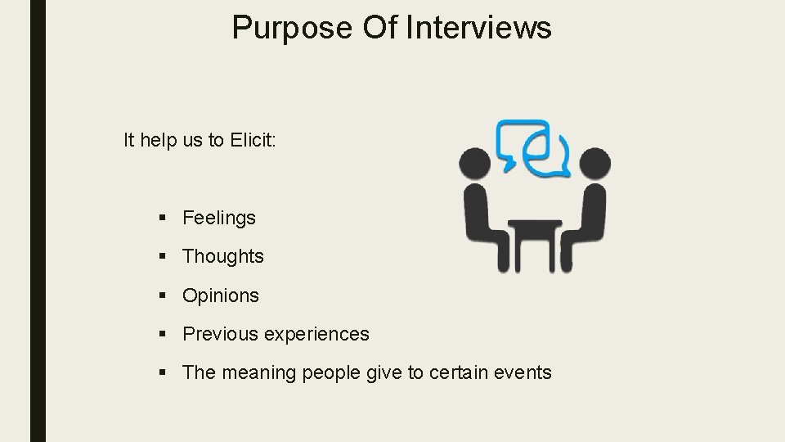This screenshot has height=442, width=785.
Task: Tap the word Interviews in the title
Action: click(x=479, y=27)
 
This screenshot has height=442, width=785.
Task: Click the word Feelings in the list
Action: click(x=219, y=218)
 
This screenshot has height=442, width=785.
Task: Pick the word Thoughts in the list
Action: click(x=223, y=256)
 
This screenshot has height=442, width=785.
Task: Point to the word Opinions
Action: click(x=221, y=295)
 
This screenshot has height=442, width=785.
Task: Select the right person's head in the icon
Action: click(x=594, y=163)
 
